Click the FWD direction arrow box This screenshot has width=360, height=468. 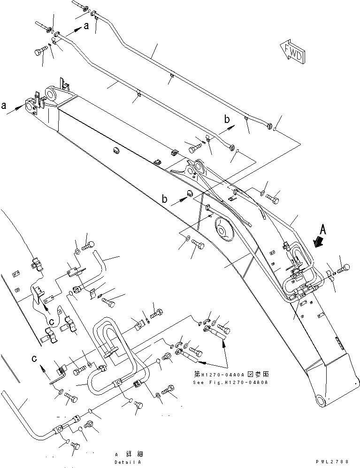(291, 50)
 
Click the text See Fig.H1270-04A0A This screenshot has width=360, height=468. (230, 382)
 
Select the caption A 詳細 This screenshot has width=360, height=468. (129, 454)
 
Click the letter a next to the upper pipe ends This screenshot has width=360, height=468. (86, 27)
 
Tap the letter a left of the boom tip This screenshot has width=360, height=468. (4, 106)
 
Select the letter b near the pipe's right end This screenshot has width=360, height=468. (227, 121)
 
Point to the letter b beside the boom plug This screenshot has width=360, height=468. (164, 199)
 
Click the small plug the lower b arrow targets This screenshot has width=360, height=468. (191, 193)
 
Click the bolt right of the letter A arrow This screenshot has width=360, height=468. (343, 268)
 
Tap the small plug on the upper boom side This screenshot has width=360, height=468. (116, 151)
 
